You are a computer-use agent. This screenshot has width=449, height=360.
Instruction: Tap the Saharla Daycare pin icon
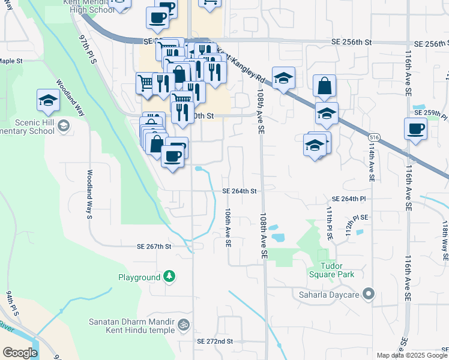[369, 294]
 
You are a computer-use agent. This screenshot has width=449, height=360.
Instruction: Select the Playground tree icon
[170, 276]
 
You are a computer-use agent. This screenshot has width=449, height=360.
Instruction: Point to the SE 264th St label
[240, 191]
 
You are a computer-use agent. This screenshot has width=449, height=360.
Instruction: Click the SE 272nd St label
[214, 341]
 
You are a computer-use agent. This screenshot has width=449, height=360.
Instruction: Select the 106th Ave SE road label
[228, 228]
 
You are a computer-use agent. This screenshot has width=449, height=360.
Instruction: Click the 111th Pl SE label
[330, 224]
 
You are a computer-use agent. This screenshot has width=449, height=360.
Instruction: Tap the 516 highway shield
[374, 137]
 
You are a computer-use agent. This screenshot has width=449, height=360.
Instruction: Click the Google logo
[19, 352]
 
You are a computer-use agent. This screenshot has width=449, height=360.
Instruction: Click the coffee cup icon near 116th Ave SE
[415, 128]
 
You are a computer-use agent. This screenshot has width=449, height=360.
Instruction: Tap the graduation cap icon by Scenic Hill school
[48, 101]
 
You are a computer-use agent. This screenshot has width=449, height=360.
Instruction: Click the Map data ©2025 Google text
[411, 355]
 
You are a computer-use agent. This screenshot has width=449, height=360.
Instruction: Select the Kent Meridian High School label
[101, 6]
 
